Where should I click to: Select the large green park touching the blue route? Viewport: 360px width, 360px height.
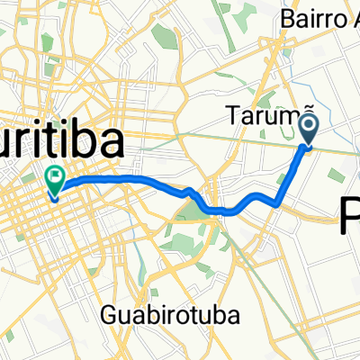[x=191, y=211]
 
